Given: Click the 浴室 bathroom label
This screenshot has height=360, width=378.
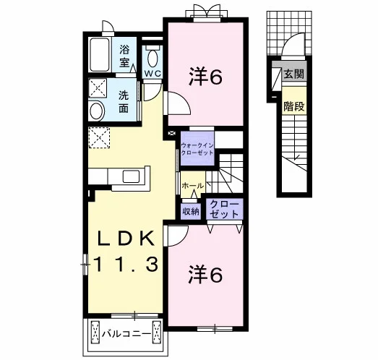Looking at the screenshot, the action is point(124,57).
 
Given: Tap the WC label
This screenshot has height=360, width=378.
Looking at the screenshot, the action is point(153,74).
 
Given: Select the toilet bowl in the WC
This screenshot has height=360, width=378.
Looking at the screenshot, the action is point(153,57).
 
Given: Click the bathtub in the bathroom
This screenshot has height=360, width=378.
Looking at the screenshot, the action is point(100,55).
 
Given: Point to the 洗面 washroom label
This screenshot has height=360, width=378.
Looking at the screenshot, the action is point(124,102).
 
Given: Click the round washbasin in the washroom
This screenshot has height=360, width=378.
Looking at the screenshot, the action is point(97,111).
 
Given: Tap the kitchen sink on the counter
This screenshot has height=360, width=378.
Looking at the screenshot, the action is point(131,176).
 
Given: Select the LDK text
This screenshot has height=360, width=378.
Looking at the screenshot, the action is point(126,239).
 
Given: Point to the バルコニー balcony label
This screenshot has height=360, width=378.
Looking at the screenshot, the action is point(126,334).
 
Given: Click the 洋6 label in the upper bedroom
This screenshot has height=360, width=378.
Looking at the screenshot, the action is point(205,77).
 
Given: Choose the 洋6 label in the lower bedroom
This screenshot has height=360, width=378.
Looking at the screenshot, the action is point(205,274).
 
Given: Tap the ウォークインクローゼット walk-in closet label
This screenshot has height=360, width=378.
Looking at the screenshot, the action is point(197,149).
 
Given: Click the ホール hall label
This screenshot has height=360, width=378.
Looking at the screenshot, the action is point(193,186).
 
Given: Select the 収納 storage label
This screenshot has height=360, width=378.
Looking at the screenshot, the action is point(191,212).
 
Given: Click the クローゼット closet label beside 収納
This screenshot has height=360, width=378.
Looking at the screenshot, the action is point(224,209).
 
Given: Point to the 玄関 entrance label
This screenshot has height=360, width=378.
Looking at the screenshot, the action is point(293,74).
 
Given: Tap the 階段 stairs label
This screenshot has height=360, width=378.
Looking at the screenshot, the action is point(293,106).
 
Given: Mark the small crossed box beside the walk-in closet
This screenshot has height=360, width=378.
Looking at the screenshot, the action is point(172,133).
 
